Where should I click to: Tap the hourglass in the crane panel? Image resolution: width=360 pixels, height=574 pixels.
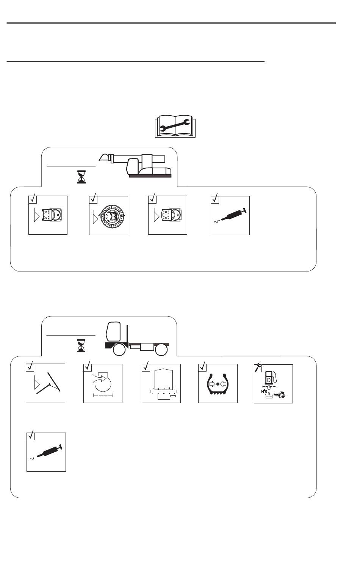click(81, 177)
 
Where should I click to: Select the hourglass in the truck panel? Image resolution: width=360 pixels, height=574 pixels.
click(81, 346)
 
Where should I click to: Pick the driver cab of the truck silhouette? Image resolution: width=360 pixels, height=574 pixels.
click(114, 331)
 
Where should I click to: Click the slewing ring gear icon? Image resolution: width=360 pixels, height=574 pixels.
click(109, 216)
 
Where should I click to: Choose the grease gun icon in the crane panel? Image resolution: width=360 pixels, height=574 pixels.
click(230, 216)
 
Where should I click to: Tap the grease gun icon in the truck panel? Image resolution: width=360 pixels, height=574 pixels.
click(46, 452)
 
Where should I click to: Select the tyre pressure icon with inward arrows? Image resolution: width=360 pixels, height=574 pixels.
click(218, 384)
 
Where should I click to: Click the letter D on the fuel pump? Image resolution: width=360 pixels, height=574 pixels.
click(269, 380)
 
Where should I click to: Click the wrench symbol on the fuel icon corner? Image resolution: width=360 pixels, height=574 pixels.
click(258, 367)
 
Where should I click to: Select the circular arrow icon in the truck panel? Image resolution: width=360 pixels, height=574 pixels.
click(103, 383)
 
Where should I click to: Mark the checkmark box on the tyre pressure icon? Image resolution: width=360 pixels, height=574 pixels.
click(202, 367)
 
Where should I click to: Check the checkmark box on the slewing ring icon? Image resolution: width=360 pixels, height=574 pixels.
click(93, 199)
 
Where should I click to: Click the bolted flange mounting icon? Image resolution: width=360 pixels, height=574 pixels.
click(161, 384)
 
